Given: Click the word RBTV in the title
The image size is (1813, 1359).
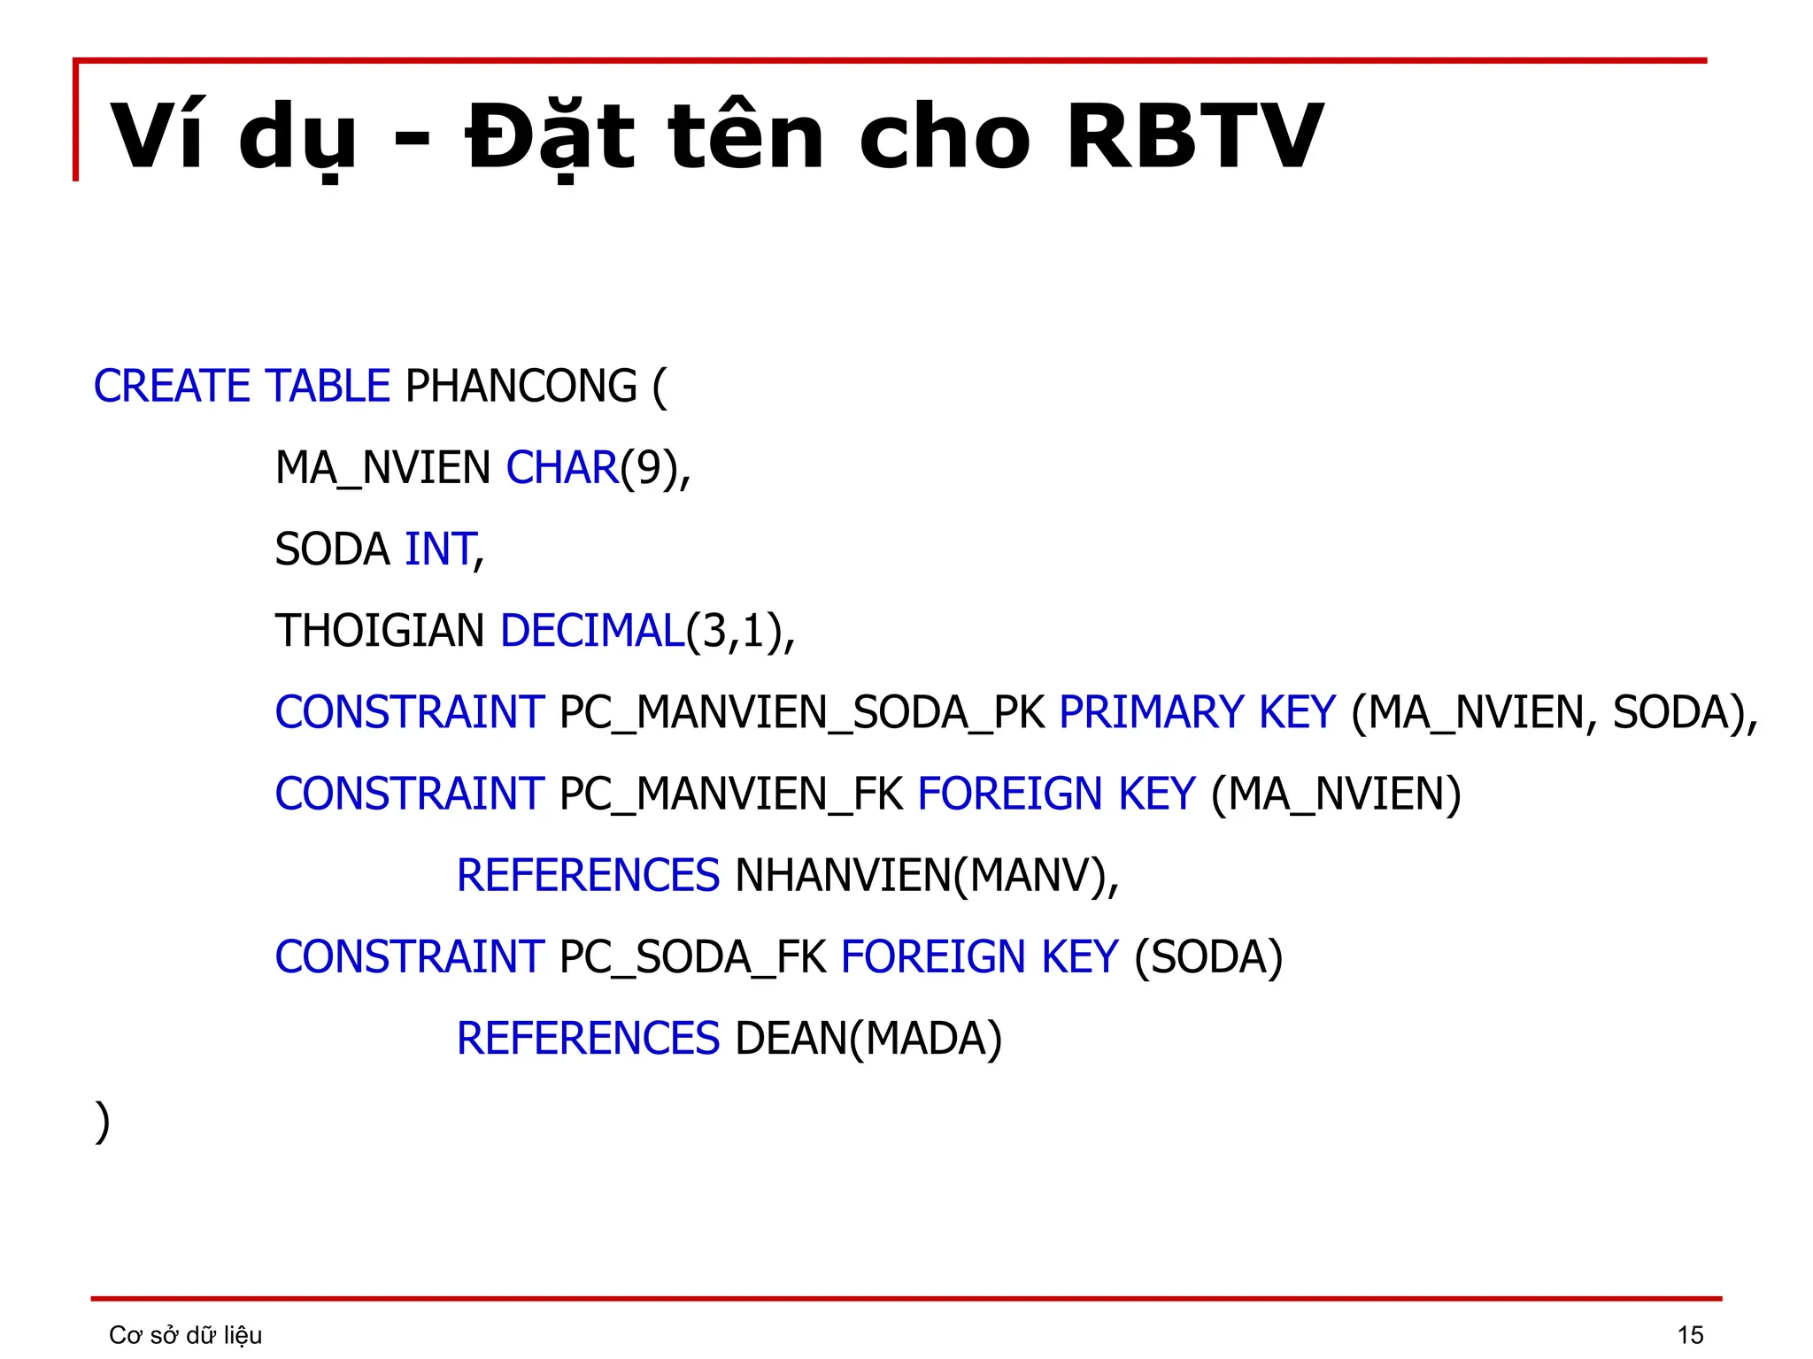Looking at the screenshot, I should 1194,137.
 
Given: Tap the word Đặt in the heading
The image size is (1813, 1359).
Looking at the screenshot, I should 550,137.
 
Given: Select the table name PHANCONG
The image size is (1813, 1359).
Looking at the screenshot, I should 521,387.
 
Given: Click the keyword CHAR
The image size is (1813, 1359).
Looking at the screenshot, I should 561,468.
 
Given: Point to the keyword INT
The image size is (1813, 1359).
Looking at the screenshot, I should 440,549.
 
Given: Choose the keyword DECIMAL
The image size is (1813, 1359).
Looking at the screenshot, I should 592,631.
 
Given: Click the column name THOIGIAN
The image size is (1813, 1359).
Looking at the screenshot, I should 380,631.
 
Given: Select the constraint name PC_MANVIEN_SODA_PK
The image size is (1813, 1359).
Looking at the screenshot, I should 802,713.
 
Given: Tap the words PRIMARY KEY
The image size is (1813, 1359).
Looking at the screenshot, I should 1197,713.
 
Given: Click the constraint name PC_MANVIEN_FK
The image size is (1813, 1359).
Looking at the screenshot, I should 731,795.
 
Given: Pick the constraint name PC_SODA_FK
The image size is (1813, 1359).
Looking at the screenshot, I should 693,957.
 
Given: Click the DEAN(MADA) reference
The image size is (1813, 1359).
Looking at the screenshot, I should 868,1039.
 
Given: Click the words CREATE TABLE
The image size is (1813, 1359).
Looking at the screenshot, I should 242,387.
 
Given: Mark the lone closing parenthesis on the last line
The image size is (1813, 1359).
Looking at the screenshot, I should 103,1122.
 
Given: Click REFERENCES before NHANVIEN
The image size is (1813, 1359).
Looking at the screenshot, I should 588,876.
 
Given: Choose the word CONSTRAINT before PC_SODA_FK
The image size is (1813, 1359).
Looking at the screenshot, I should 409,957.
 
